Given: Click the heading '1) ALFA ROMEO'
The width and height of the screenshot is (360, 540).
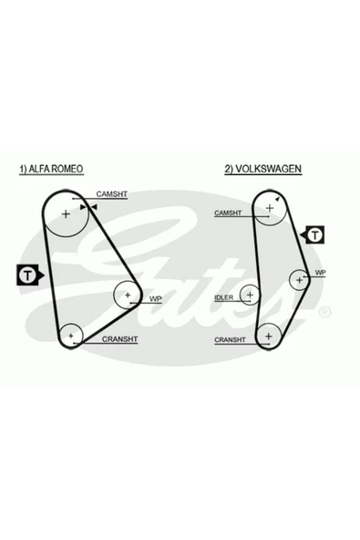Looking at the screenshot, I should coord(51,170).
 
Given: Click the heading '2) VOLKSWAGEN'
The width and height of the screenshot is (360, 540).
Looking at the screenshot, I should coord(263,170).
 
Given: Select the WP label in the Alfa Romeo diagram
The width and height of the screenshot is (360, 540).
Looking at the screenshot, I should coord(155,297).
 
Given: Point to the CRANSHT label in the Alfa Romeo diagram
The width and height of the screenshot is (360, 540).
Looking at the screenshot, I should coord(119,339).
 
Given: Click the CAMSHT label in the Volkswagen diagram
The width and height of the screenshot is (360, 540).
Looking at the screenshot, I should coord(228,213).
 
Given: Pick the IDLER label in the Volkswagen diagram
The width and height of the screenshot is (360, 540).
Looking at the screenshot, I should coord(224,298).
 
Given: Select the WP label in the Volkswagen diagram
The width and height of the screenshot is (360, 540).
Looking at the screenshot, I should coord(320,272).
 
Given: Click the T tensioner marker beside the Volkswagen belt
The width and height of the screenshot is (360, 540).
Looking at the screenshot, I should coord(314,235).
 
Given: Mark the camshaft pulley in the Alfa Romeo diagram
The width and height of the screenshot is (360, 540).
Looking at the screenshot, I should coord(66,216).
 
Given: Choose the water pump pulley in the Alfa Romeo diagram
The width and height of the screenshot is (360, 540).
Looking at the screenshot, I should coord(127,295).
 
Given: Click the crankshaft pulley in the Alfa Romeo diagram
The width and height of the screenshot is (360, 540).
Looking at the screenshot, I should coord(70,336).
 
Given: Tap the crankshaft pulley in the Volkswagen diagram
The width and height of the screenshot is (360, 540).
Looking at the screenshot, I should coord(268,337).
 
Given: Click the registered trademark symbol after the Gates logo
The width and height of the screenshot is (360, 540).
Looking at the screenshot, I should coord(324,312).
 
